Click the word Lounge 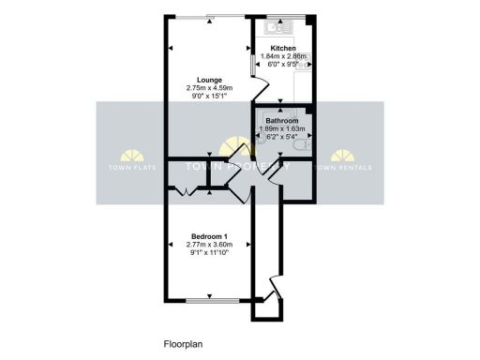click(208, 79)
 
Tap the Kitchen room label click(283, 48)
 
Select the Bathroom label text click(283, 121)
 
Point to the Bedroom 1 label click(208, 236)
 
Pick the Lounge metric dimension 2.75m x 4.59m click(208, 87)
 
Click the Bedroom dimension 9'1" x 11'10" click(208, 252)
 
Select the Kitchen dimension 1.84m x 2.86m click(283, 56)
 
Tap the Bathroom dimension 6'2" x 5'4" click(283, 137)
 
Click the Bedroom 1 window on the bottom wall click(210, 300)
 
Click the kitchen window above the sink click(284, 16)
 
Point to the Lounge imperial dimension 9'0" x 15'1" click(208, 95)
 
